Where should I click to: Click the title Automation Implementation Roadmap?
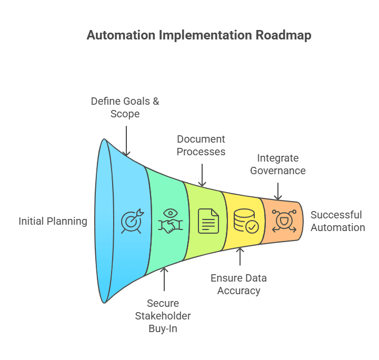tap(199, 35)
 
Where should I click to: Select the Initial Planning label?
tap(53, 221)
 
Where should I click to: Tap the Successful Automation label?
tap(337, 221)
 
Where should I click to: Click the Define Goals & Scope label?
tap(125, 107)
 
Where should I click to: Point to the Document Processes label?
tap(201, 145)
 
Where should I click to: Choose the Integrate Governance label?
tap(277, 164)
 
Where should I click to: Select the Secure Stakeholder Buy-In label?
tap(163, 316)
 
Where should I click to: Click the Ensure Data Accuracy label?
tap(238, 284)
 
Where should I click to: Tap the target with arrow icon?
tap(131, 221)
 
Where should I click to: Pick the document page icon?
tap(208, 221)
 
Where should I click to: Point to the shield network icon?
tap(284, 221)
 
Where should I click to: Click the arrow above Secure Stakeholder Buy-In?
tap(164, 279)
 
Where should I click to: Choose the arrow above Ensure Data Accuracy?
tap(240, 257)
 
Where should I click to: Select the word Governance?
tap(277, 171)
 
